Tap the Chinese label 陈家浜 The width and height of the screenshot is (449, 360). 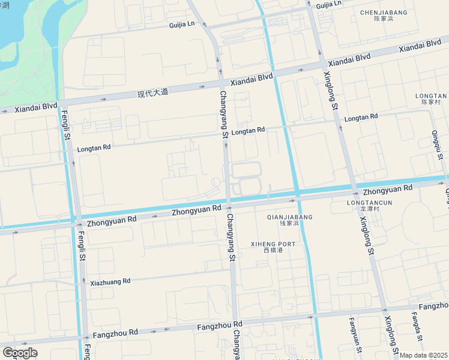click(383, 19)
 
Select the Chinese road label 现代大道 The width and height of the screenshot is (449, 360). click(152, 93)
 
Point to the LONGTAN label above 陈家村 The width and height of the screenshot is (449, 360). click(431, 95)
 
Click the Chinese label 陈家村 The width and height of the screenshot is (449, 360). click(431, 103)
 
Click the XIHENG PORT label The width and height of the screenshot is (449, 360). click(273, 244)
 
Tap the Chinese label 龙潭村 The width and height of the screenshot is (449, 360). click(367, 209)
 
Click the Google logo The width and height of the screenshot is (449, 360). click(20, 352)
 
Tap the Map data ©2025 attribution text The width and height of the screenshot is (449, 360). click(424, 355)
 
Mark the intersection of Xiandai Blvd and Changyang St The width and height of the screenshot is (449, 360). click(221, 83)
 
